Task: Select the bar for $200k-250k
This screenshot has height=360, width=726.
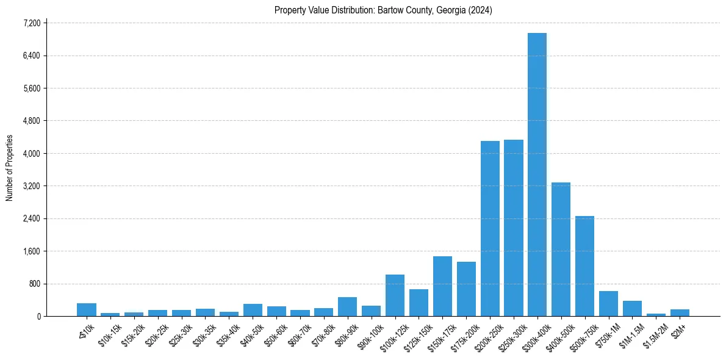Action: point(490,229)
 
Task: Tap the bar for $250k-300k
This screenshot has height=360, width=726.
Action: point(514,228)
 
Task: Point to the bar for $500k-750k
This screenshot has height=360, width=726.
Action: point(584,266)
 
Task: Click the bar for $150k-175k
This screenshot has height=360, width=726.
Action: point(442,286)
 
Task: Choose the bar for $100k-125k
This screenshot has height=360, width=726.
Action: point(395,295)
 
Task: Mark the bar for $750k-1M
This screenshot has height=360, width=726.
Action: point(608,304)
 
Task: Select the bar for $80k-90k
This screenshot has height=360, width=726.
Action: point(347,307)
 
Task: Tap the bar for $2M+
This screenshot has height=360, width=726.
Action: point(680,312)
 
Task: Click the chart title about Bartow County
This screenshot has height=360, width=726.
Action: point(383,10)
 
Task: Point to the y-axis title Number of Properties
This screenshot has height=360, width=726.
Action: point(10,168)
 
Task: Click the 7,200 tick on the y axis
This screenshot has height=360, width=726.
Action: point(31,23)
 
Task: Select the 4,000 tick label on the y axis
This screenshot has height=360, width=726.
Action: point(31,153)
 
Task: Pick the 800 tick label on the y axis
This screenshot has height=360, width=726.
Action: point(34,284)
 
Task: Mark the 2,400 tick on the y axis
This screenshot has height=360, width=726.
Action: point(31,218)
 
